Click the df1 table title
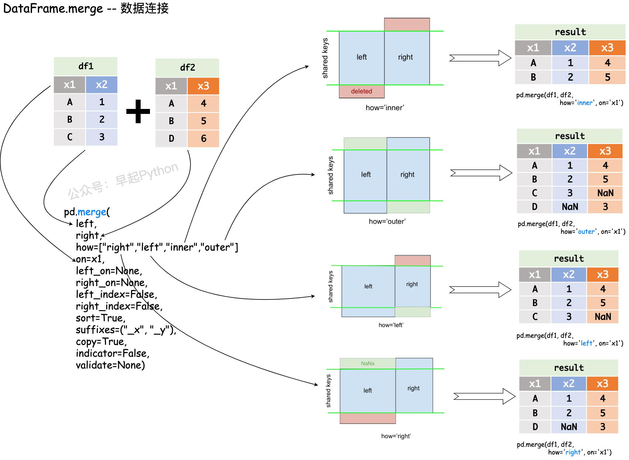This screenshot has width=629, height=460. (x=86, y=66)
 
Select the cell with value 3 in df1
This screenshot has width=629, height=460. (x=102, y=137)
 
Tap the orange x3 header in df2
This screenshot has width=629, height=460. (x=203, y=86)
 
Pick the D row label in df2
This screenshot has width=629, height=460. (x=171, y=138)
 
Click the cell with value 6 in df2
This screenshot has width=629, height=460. (x=203, y=138)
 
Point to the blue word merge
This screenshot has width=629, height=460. (x=92, y=212)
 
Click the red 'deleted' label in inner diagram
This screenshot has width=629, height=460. (x=361, y=91)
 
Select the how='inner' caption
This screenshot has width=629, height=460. (x=385, y=108)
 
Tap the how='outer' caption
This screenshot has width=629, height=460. (x=387, y=221)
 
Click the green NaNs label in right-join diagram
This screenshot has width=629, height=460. (x=368, y=363)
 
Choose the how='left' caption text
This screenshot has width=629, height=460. (x=391, y=325)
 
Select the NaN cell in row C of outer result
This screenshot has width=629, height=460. (x=605, y=193)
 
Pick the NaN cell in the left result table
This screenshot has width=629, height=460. (x=603, y=317)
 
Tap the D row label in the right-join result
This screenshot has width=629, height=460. (x=535, y=427)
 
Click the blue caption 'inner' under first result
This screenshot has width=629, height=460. (x=585, y=103)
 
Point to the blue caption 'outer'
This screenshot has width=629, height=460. (x=586, y=232)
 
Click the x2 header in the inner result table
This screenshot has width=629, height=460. (x=570, y=47)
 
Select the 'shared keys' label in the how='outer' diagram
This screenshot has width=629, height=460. (x=331, y=175)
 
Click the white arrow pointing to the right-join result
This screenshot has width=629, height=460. (x=484, y=396)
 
